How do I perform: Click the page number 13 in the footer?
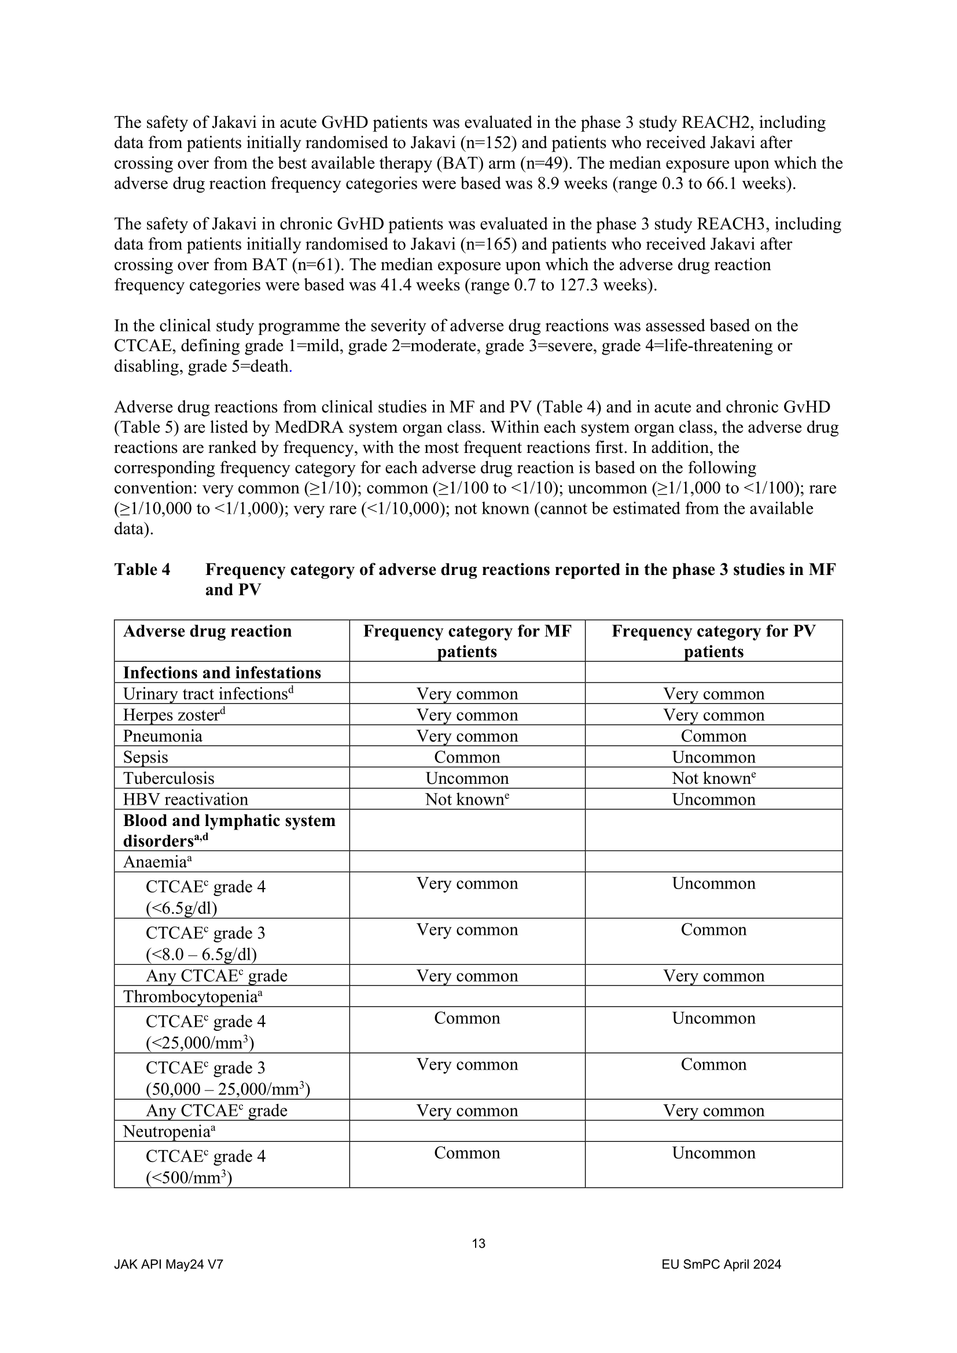click(x=478, y=1244)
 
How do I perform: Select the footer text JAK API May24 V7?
click(x=168, y=1264)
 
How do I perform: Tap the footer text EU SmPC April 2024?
click(x=722, y=1264)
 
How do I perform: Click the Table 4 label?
click(x=142, y=569)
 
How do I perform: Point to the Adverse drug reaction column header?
click(x=208, y=631)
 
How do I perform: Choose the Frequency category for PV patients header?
click(x=713, y=640)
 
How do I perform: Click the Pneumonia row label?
click(x=163, y=736)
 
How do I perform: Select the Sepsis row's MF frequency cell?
click(x=467, y=757)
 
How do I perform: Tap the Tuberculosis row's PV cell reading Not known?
click(x=713, y=779)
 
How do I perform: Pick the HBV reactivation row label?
click(x=186, y=799)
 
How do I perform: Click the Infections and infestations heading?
click(x=222, y=673)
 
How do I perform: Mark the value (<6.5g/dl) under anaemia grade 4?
click(x=182, y=908)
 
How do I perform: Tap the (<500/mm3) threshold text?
click(x=189, y=1177)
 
